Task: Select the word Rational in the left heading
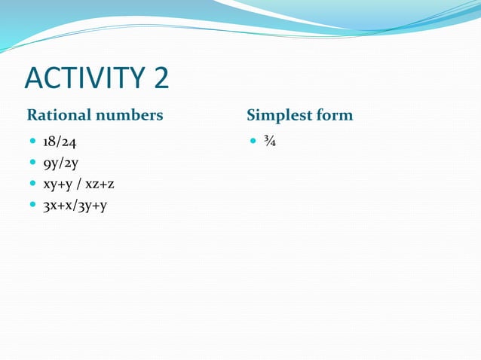pyautogui.click(x=58, y=115)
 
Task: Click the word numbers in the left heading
pyautogui.click(x=127, y=115)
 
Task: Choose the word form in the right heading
pyautogui.click(x=334, y=115)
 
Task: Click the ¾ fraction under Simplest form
pyautogui.click(x=270, y=141)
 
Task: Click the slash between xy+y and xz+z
pyautogui.click(x=79, y=183)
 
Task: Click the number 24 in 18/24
pyautogui.click(x=69, y=141)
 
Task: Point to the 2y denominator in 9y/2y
pyautogui.click(x=72, y=162)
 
